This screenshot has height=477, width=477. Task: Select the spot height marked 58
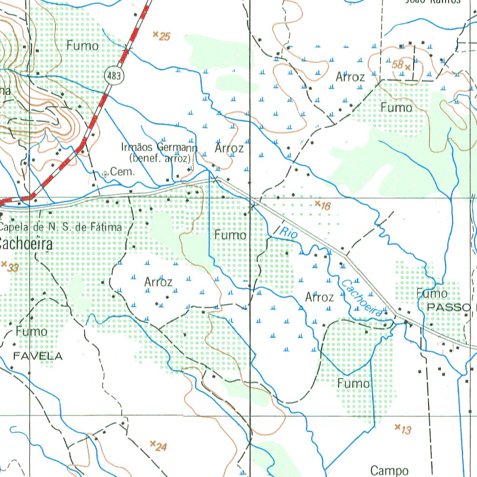click(408, 67)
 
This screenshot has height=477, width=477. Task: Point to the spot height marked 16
click(317, 204)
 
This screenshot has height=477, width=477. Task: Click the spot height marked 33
click(4, 264)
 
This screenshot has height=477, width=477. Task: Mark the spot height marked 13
click(397, 427)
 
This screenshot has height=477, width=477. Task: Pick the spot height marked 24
click(152, 443)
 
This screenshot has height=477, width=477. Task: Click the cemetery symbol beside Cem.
click(105, 174)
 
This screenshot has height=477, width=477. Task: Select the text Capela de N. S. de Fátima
click(61, 227)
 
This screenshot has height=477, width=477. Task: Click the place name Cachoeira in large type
click(26, 244)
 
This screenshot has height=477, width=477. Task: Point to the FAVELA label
click(38, 356)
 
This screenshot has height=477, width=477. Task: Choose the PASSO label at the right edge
click(450, 308)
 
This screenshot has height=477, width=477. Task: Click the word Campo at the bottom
click(390, 470)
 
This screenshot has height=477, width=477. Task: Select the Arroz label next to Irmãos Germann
click(229, 149)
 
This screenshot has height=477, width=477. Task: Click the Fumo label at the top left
click(82, 46)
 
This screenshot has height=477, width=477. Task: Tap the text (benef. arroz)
click(161, 158)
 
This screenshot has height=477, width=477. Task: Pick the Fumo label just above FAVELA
click(32, 331)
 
